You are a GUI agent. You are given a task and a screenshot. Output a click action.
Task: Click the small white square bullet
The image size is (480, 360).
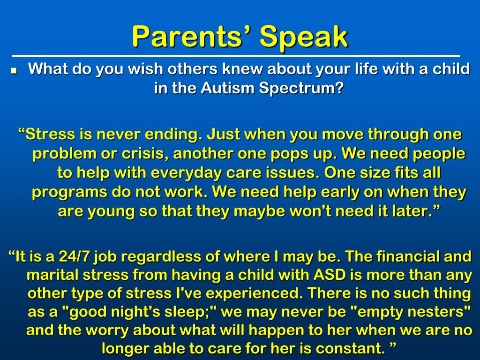14,71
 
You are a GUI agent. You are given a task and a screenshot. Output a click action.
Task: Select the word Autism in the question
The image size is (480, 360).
228,88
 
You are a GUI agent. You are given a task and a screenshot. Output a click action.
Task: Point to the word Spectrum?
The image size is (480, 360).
301,89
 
